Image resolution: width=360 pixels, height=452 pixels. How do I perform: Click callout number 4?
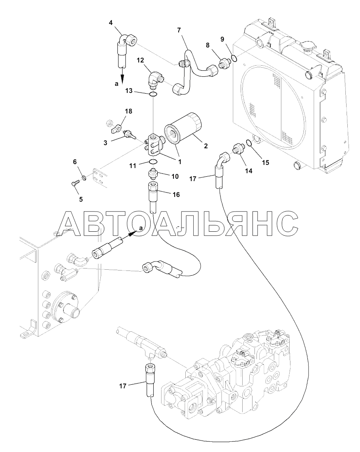click(111, 23)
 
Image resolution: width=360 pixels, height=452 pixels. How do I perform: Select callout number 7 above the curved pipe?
click(179, 30)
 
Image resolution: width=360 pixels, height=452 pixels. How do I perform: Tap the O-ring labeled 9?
click(234, 59)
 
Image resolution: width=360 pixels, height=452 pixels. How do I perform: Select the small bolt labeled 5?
click(75, 183)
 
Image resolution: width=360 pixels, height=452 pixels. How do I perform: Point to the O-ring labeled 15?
click(248, 143)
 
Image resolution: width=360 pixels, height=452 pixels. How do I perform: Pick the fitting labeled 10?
click(153, 174)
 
